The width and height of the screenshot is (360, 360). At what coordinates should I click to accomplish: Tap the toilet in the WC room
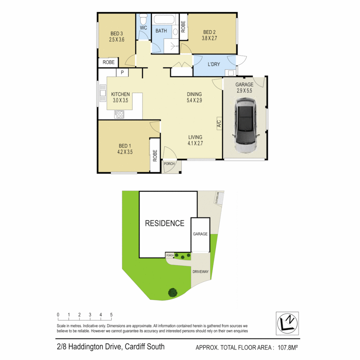click(x=143, y=19)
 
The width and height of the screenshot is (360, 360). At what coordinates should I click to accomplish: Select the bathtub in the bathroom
click(x=164, y=19)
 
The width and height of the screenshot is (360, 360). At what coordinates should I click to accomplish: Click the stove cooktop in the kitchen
click(x=119, y=114)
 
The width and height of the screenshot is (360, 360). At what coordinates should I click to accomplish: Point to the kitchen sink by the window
click(x=103, y=93)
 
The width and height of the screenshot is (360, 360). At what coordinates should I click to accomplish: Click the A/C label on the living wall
click(x=219, y=124)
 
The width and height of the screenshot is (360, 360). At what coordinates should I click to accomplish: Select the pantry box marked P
click(x=122, y=73)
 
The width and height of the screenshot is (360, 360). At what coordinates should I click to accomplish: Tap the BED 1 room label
click(x=125, y=146)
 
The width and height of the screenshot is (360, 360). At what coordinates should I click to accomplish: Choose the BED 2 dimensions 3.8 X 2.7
click(x=209, y=38)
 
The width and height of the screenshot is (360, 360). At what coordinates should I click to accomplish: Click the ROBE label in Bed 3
click(x=109, y=62)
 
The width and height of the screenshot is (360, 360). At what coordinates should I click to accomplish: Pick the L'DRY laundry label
click(x=214, y=64)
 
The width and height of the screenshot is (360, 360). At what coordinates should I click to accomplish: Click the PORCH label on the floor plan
click(x=169, y=164)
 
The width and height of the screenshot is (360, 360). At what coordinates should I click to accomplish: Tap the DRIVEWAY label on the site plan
click(x=200, y=272)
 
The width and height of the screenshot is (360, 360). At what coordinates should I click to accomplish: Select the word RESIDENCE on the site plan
click(x=165, y=223)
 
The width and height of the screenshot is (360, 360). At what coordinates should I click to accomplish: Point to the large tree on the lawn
click(x=173, y=293)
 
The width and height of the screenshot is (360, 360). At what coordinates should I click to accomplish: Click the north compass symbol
click(x=287, y=323)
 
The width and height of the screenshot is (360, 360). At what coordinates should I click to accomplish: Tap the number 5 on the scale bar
click(x=111, y=315)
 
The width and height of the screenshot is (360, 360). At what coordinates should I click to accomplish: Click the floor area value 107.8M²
click(x=288, y=347)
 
